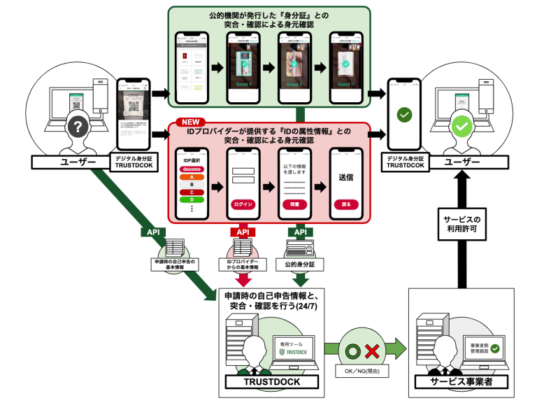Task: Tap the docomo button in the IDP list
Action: (x=192, y=169)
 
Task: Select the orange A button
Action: (x=192, y=178)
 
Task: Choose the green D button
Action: (x=192, y=200)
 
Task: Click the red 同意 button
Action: (x=294, y=204)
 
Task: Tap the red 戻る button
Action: (x=346, y=204)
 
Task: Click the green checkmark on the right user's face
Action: (x=461, y=127)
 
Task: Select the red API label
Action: (x=243, y=232)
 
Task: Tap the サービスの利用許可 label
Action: (x=461, y=223)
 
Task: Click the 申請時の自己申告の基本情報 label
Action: (x=174, y=264)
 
